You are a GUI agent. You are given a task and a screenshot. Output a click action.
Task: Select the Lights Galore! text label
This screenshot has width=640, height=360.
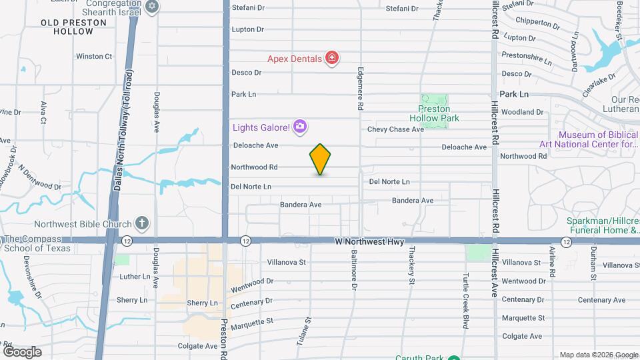(x=261, y=127)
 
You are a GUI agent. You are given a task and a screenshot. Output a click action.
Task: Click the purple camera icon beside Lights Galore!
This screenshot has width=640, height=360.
(x=299, y=126)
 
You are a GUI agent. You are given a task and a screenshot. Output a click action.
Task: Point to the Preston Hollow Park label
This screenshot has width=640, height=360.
(x=434, y=113)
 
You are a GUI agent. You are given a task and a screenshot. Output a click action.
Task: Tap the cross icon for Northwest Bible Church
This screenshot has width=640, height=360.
(x=141, y=223)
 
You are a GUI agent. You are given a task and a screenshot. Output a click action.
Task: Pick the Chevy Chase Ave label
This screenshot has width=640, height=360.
(x=395, y=129)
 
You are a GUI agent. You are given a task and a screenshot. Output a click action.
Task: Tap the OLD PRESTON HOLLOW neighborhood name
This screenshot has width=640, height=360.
(x=73, y=27)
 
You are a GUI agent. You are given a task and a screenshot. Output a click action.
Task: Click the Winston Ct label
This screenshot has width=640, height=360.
(x=94, y=57)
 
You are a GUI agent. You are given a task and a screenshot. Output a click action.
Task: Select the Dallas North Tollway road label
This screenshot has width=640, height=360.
(x=123, y=132)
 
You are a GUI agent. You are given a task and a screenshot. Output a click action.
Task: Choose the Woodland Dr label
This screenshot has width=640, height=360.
(x=522, y=112)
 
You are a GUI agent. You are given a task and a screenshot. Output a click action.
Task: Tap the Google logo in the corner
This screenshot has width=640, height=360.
(x=22, y=351)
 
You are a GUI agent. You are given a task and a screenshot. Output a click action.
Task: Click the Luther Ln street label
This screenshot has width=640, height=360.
(x=135, y=277)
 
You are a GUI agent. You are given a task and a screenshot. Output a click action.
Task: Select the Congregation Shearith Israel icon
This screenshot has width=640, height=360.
(x=152, y=7)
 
